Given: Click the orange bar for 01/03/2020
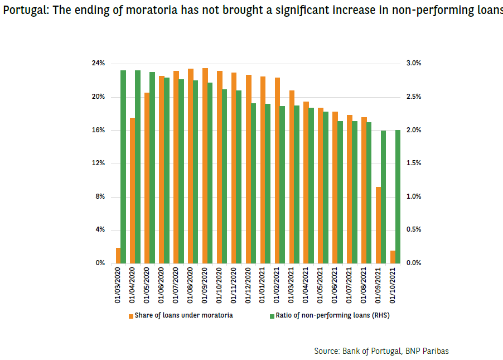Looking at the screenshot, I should [x=118, y=256].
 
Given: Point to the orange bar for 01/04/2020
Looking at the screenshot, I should [x=133, y=190].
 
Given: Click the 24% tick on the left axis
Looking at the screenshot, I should [x=98, y=64].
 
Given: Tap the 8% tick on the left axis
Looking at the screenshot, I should [x=100, y=197].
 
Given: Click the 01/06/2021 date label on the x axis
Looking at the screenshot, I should [x=335, y=284].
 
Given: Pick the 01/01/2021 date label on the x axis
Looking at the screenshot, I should [x=263, y=284].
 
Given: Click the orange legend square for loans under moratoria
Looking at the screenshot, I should [x=131, y=316].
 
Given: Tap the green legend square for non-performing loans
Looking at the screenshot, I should [x=272, y=316].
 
